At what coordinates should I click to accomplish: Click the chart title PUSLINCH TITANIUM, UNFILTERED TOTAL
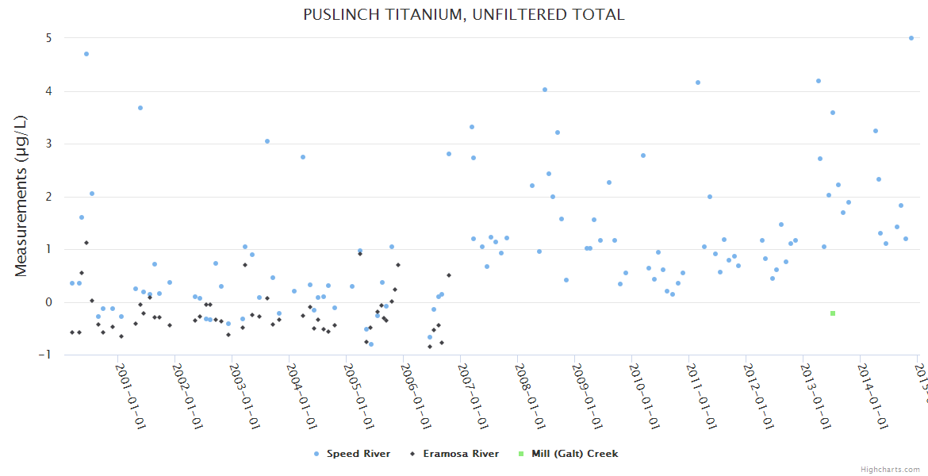(x=463, y=14)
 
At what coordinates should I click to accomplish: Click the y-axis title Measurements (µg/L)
(x=21, y=197)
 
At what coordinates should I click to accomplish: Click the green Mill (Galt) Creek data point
(x=833, y=313)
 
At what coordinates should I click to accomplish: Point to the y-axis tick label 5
(x=48, y=38)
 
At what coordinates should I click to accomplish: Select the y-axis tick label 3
(x=48, y=144)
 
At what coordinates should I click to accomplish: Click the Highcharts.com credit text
(x=891, y=470)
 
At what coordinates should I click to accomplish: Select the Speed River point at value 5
(x=911, y=38)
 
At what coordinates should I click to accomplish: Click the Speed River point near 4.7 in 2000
(x=86, y=54)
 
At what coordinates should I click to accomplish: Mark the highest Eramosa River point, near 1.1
(x=86, y=243)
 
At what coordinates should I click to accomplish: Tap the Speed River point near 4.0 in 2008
(x=545, y=90)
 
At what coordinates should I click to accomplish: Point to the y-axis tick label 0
(x=48, y=302)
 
